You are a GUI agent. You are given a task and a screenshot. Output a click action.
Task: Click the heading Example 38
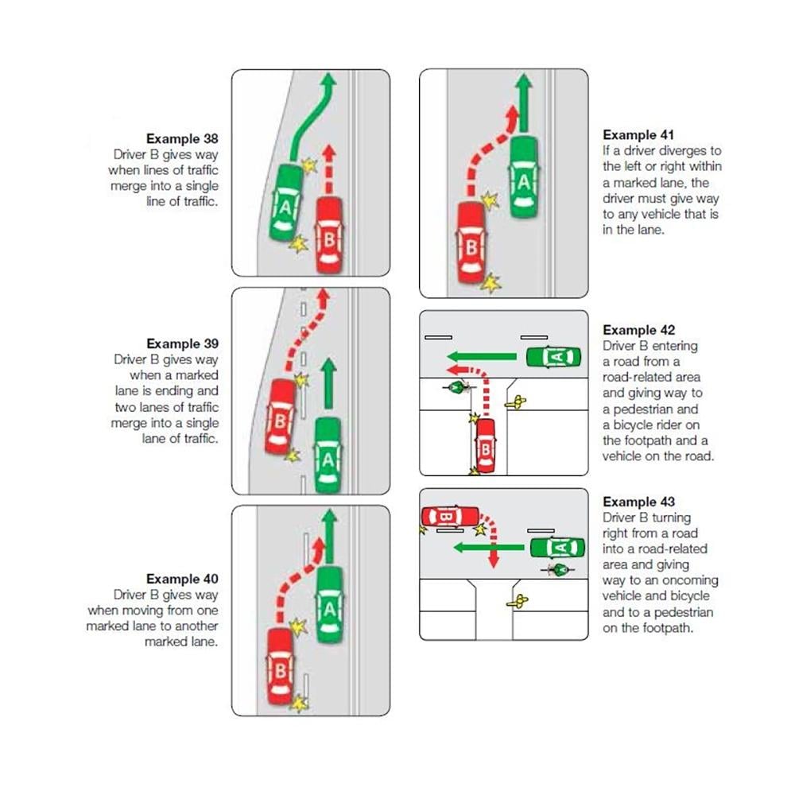[182, 138]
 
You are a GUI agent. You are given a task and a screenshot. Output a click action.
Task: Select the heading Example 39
[182, 343]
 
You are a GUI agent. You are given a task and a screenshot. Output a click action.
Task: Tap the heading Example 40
[182, 579]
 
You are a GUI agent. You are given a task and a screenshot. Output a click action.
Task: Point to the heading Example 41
[638, 134]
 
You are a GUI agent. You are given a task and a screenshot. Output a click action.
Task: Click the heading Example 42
[638, 330]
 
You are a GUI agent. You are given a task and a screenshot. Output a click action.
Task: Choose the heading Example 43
[638, 502]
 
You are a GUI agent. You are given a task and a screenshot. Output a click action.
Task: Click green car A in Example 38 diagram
[285, 204]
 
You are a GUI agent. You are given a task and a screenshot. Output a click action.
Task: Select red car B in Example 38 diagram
[330, 234]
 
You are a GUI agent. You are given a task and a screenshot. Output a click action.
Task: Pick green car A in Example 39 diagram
[328, 456]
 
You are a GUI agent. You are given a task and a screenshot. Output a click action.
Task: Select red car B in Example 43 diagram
[449, 518]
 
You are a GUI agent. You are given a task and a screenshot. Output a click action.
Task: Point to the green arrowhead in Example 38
[330, 79]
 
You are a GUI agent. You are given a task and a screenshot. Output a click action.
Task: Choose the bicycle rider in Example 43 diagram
[561, 569]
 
